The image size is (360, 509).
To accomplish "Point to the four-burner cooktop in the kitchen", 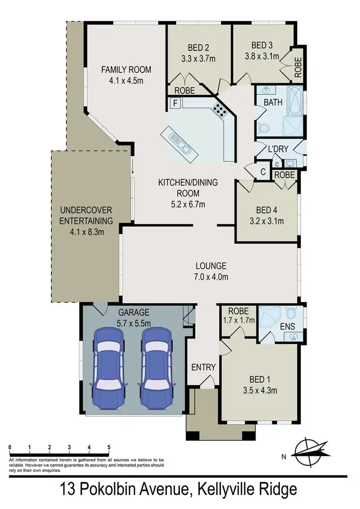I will [220, 111].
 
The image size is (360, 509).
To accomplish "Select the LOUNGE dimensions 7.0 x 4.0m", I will [211, 277].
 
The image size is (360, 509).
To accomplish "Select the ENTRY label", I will [204, 367].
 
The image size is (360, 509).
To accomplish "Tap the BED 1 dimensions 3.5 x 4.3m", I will [260, 390].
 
